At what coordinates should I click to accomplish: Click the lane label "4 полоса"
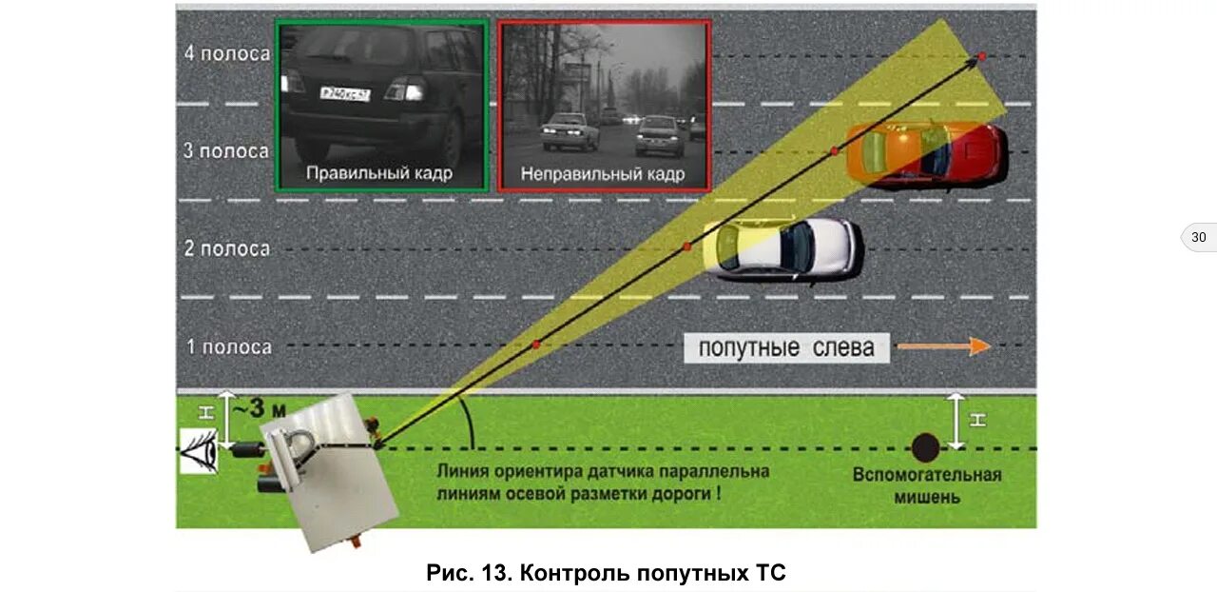227,53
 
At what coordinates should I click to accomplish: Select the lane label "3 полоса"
227,151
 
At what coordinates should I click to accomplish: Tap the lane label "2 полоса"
227,248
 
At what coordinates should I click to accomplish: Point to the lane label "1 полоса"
227,346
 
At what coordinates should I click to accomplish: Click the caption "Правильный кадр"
378,173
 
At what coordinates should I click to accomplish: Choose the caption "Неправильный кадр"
603,174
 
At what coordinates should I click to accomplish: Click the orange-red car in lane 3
923,153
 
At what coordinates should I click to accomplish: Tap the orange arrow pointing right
943,346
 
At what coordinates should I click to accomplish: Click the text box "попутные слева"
785,347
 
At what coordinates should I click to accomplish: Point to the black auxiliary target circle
926,446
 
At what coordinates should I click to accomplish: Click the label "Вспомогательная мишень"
926,484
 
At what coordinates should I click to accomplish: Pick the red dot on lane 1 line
536,344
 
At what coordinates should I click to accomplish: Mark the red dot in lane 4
981,56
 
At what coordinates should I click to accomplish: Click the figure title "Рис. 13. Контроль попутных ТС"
607,573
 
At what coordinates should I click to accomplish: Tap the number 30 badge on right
1198,237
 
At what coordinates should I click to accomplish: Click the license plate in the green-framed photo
344,93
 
